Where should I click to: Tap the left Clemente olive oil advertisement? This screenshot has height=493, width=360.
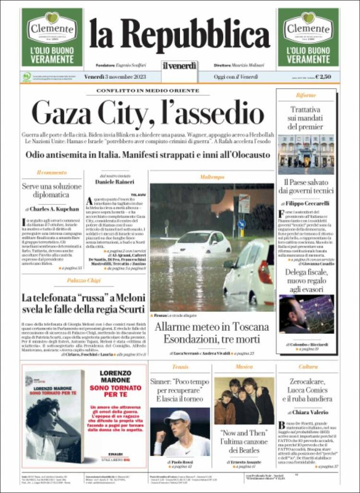(x=52, y=37)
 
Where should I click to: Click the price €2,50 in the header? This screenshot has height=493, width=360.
(x=326, y=77)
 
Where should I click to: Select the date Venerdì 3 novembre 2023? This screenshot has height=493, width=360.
(x=115, y=77)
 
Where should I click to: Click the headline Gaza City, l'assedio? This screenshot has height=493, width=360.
(x=147, y=113)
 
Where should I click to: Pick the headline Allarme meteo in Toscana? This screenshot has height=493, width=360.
(x=212, y=327)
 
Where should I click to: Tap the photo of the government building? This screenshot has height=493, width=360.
(x=306, y=154)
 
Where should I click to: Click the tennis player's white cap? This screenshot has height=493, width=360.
(x=178, y=416)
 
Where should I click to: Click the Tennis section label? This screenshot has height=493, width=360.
(x=180, y=367)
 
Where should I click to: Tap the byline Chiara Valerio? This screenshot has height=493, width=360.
(x=311, y=412)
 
